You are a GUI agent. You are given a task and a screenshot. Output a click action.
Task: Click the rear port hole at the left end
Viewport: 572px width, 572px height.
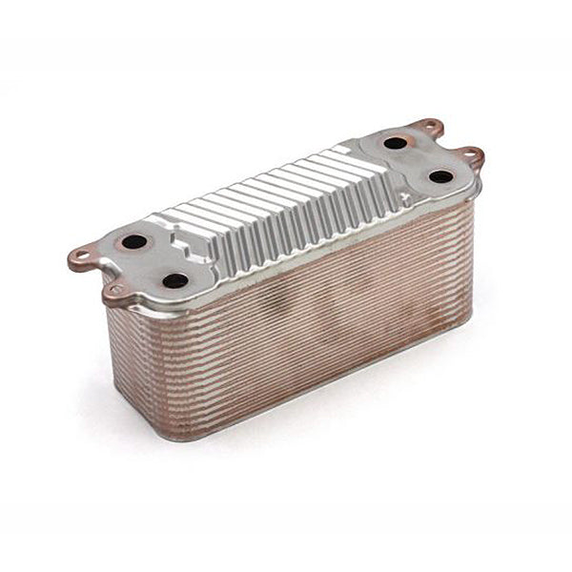pyautogui.click(x=134, y=241)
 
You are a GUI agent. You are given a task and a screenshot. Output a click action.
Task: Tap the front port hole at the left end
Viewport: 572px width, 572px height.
pyautogui.click(x=175, y=281)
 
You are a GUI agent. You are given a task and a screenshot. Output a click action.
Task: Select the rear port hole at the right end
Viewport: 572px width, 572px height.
pyautogui.click(x=395, y=144)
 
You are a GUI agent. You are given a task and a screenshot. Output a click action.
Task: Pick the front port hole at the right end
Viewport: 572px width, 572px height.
pyautogui.click(x=439, y=176)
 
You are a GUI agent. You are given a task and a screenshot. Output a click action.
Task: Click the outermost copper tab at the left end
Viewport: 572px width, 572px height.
pyautogui.click(x=80, y=255)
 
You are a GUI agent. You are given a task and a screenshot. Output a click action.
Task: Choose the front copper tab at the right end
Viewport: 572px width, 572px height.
pyautogui.click(x=470, y=154)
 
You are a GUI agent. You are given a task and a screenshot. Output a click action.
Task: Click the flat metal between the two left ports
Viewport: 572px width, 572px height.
pyautogui.click(x=154, y=261)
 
